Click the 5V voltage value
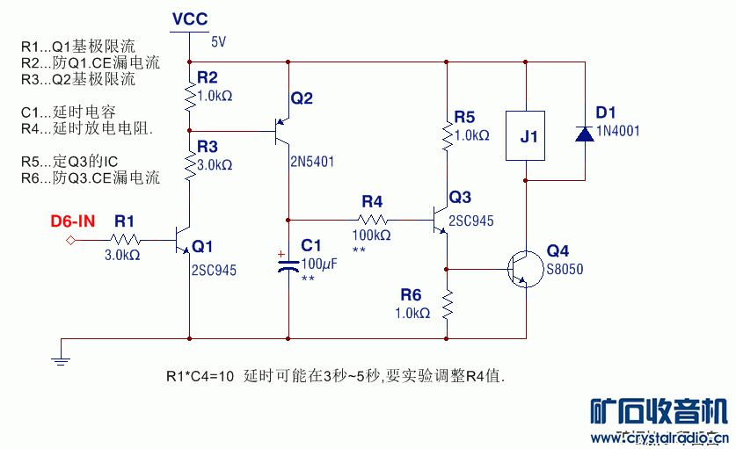[x=218, y=41]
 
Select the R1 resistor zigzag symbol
[x=125, y=238]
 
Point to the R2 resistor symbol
[x=189, y=96]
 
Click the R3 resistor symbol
[x=189, y=164]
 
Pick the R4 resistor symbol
[x=372, y=219]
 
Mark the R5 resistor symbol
[x=447, y=135]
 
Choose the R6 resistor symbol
[x=447, y=306]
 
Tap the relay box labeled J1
[x=526, y=136]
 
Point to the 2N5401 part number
[x=312, y=162]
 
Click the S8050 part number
[x=565, y=270]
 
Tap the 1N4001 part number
[x=618, y=131]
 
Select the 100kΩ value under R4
[x=372, y=235]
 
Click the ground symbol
[x=62, y=357]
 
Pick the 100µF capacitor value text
[x=319, y=263]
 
